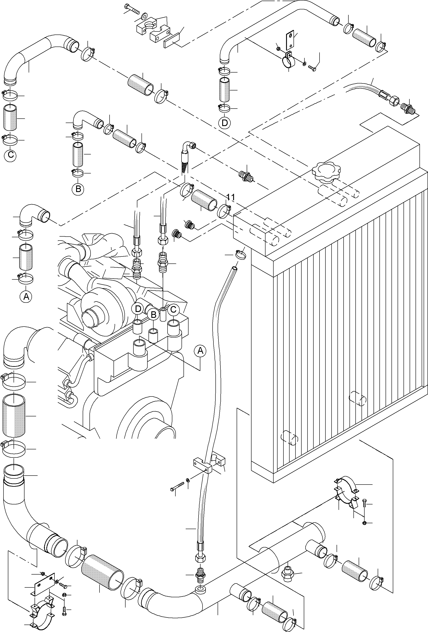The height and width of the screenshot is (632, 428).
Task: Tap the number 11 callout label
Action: [231, 197]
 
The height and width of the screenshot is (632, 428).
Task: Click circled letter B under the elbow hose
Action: [78, 189]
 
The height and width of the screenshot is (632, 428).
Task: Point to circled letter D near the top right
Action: [225, 123]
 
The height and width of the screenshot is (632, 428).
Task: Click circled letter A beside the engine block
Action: [200, 351]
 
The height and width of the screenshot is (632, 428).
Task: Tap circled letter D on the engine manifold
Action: [138, 309]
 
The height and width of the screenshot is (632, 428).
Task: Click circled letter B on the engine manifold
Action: [153, 315]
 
